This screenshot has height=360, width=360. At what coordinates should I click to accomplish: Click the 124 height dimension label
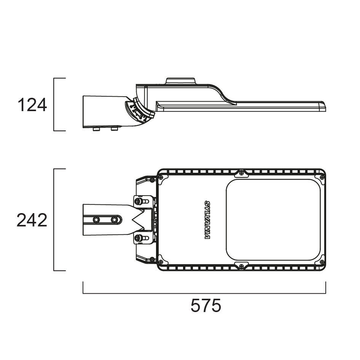pos(32,105)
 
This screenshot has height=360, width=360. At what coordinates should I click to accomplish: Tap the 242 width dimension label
pos(32,220)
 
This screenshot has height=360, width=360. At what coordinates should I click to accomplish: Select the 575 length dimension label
pos(205,306)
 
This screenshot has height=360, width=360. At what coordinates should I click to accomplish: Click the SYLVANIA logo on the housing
pos(207,220)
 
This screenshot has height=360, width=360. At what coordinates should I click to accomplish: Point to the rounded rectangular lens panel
pos(273,220)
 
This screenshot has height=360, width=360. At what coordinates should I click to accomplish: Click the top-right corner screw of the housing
pos(322,177)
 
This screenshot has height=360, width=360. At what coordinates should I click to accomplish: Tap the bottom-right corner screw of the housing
pos(322,262)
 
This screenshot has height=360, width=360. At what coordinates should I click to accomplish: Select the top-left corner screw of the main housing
pos(161,177)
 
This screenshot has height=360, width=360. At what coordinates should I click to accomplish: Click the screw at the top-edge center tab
pos(241,174)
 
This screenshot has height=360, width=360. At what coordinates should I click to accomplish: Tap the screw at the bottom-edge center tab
pos(241,266)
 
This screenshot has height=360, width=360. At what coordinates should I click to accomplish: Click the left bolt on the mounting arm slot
pos(96,220)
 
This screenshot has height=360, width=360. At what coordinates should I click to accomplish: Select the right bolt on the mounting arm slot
pos(114,220)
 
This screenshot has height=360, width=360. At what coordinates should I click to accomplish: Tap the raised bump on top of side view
pos(180,81)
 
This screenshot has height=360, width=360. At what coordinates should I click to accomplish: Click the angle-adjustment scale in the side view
pos(139,110)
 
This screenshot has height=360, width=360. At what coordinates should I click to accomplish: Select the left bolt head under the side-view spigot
pos(97,129)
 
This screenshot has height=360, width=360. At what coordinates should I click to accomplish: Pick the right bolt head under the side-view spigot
pos(114,129)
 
